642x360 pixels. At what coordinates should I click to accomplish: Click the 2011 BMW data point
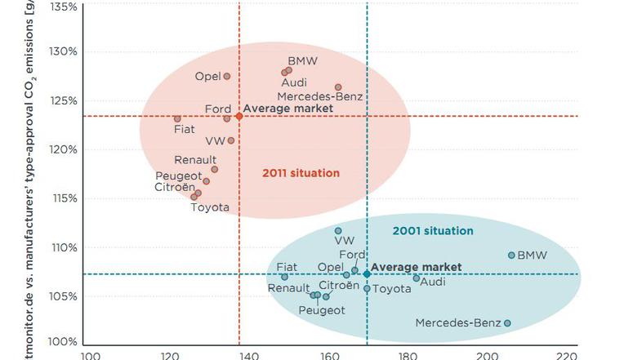[x=289, y=70]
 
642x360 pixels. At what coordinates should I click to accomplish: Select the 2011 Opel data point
[x=227, y=77]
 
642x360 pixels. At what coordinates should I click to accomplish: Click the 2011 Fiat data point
[x=177, y=118]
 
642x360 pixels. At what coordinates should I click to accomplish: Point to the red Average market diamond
[x=239, y=116]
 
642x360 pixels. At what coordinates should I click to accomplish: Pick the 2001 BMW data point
[x=511, y=255]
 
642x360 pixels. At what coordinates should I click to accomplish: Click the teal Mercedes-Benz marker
[x=507, y=323]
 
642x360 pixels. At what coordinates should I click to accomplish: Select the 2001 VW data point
[x=338, y=231]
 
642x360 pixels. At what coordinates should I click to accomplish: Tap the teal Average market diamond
[x=367, y=274]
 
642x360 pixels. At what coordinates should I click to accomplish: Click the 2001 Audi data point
[x=416, y=278]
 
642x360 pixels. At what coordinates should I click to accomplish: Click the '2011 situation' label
[x=301, y=173]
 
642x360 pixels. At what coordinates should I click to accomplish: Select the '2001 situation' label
[x=433, y=231]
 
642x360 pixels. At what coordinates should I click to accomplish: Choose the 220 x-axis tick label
[x=566, y=355]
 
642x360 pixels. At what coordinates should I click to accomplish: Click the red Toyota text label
[x=210, y=207]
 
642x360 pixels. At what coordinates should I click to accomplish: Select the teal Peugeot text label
[x=322, y=310]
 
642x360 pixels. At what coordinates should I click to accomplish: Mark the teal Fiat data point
[x=284, y=277]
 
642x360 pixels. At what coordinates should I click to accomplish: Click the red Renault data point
[x=215, y=170]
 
